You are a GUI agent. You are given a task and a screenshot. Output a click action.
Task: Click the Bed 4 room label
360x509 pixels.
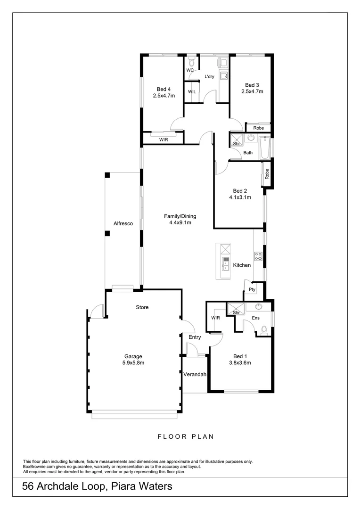(x=164, y=89)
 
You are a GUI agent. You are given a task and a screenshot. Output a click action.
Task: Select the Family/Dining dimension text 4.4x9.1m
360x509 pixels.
(x=180, y=223)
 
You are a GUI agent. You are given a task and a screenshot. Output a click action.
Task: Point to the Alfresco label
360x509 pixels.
(x=122, y=224)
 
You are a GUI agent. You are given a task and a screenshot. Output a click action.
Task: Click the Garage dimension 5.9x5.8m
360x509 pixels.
(x=133, y=363)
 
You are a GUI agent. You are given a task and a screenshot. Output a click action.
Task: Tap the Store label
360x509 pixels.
(x=142, y=307)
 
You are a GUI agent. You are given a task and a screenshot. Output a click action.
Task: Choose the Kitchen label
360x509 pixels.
(x=242, y=265)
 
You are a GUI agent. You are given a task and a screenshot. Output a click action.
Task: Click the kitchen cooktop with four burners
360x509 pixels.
(x=258, y=257)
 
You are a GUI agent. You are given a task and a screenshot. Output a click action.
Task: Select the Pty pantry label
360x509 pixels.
(x=252, y=290)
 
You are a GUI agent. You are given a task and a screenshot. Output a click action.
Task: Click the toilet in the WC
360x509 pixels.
(x=190, y=63)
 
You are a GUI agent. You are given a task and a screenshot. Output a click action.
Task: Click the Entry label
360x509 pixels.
(x=195, y=337)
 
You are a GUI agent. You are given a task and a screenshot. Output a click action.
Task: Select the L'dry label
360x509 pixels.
(x=210, y=76)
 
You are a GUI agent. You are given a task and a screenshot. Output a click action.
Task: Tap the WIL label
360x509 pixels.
(x=192, y=91)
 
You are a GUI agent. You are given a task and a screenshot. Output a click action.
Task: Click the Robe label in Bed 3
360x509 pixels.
(x=258, y=128)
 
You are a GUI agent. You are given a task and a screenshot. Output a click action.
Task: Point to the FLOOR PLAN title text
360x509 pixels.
(x=186, y=436)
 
